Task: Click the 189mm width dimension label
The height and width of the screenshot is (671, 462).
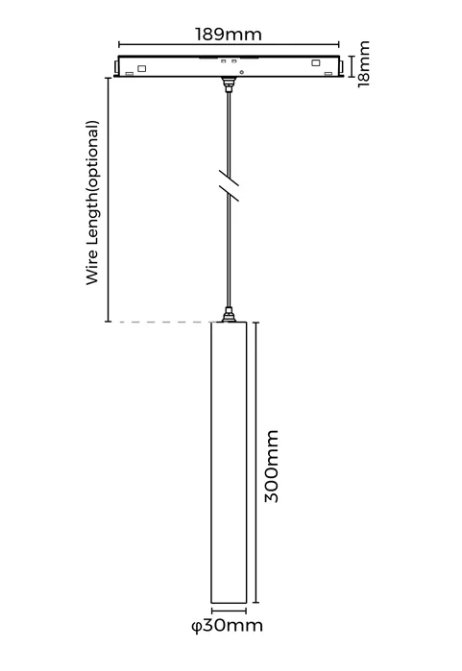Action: point(229,34)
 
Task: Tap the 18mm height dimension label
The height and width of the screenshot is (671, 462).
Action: point(363,63)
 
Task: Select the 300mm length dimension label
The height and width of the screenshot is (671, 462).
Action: point(272,466)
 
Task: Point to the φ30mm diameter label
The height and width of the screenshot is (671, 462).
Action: point(227,626)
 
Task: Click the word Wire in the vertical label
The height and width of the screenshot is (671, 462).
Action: point(92,270)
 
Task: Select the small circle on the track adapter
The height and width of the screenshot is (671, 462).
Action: point(242,72)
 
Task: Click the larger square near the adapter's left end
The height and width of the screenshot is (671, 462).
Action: point(141,68)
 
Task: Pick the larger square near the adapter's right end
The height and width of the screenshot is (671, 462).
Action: point(316,63)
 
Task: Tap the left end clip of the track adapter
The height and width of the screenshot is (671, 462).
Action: point(116,66)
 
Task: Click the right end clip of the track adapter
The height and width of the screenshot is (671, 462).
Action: point(341,66)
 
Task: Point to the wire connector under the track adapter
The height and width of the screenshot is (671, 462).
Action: point(229,84)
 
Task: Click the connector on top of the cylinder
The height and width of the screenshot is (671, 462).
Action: point(229,315)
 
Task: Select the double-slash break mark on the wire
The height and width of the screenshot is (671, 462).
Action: point(229,185)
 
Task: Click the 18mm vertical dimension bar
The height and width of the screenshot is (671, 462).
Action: point(352,66)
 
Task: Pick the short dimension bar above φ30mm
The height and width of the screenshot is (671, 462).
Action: point(229,611)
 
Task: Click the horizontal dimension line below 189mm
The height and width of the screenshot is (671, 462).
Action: point(229,44)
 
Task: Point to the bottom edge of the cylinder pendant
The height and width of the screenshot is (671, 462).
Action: point(229,603)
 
